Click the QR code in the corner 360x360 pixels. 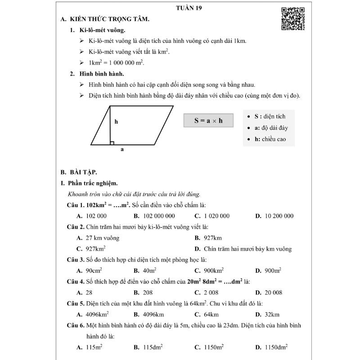(x=292, y=19)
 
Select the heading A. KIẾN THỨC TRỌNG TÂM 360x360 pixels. (x=105, y=20)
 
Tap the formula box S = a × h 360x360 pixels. (x=208, y=121)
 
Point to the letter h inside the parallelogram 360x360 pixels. (x=116, y=121)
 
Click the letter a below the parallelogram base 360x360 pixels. (x=122, y=149)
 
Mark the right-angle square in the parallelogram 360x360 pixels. (x=112, y=143)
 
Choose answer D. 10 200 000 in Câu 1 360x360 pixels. (x=274, y=216)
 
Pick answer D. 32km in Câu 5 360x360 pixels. (x=267, y=315)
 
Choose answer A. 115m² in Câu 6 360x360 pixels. (x=90, y=347)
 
